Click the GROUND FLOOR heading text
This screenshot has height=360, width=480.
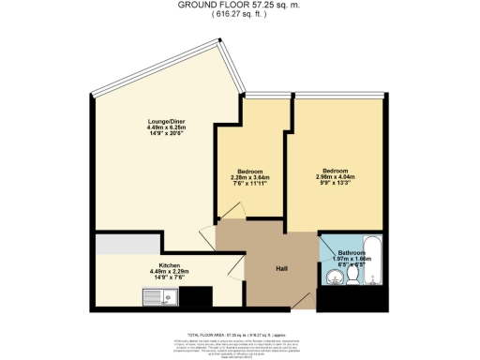(239, 4)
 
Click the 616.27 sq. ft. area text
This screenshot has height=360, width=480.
(239, 13)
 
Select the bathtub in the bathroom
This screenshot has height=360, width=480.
(371, 263)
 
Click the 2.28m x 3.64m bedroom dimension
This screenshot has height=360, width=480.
(251, 178)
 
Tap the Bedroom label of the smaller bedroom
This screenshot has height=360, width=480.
(251, 171)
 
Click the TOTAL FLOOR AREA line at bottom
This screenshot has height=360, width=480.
(239, 333)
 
